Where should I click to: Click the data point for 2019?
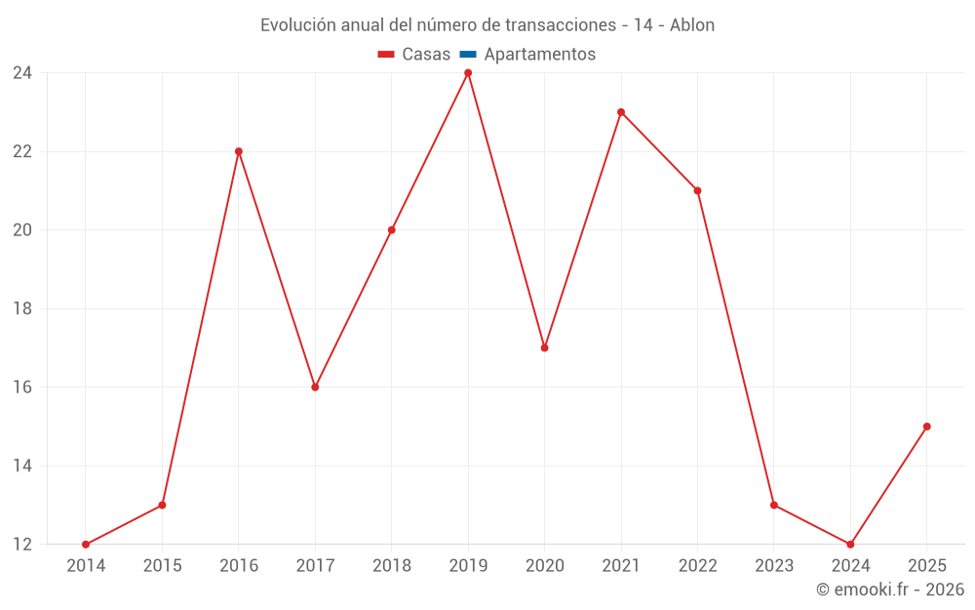(468, 73)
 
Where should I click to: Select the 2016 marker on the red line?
(239, 151)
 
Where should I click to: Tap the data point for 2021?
(621, 112)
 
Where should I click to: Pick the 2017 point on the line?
(315, 387)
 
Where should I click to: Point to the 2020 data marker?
(545, 348)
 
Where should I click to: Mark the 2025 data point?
(927, 427)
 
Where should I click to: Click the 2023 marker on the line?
(774, 505)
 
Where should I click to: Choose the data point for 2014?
(86, 545)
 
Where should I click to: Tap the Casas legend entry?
(414, 54)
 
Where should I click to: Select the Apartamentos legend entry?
(527, 54)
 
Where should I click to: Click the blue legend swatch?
(468, 55)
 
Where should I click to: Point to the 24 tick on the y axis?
(22, 73)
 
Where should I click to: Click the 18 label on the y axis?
(22, 308)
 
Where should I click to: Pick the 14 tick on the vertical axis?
(22, 466)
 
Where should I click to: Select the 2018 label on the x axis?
(392, 565)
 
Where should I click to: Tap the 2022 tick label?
(698, 565)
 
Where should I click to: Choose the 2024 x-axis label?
(850, 565)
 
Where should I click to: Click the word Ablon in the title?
(692, 25)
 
